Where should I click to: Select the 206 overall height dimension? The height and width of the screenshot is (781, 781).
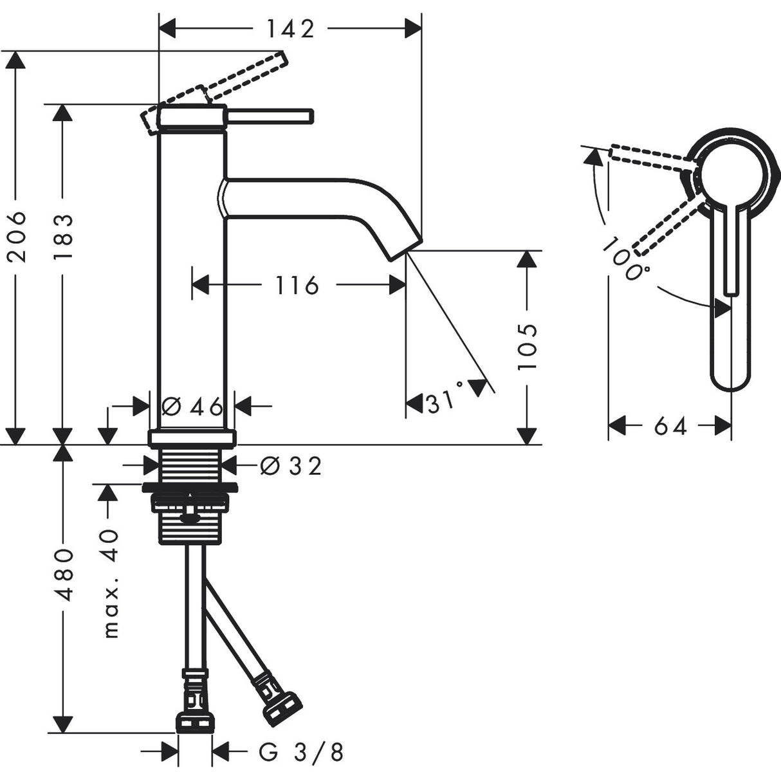point(19,235)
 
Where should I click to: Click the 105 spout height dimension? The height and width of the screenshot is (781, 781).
point(527,346)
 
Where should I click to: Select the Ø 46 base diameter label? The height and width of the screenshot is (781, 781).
point(192,406)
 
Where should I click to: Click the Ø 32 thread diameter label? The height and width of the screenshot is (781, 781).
point(291,465)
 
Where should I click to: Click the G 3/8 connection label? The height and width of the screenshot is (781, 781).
point(301,751)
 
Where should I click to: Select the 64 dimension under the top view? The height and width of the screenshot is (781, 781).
point(671,425)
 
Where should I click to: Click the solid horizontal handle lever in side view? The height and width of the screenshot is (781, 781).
point(270,116)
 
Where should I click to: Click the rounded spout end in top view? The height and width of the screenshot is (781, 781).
point(730,373)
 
